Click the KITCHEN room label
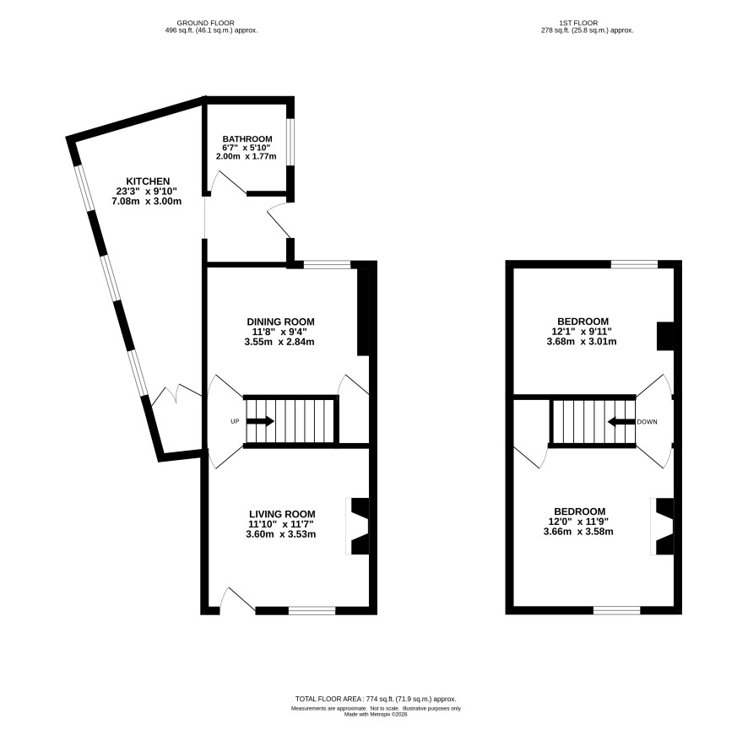pyautogui.click(x=148, y=181)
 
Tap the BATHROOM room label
pyautogui.click(x=247, y=138)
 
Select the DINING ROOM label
pyautogui.click(x=280, y=322)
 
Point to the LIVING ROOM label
pyautogui.click(x=282, y=514)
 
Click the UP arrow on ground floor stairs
pyautogui.click(x=260, y=421)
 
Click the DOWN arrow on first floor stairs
pyautogui.click(x=621, y=421)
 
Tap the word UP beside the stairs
pyautogui.click(x=235, y=421)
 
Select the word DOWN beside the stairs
pyautogui.click(x=647, y=422)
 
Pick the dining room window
pyautogui.click(x=328, y=264)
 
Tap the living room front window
pyautogui.click(x=312, y=610)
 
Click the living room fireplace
pyautogui.click(x=359, y=527)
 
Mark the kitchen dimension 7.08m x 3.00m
pyautogui.click(x=146, y=201)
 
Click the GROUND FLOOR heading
pyautogui.click(x=206, y=23)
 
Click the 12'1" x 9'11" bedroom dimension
pyautogui.click(x=582, y=332)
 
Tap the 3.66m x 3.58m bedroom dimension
pyautogui.click(x=578, y=531)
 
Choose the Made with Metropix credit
pyautogui.click(x=376, y=714)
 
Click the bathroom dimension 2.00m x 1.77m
pyautogui.click(x=247, y=156)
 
